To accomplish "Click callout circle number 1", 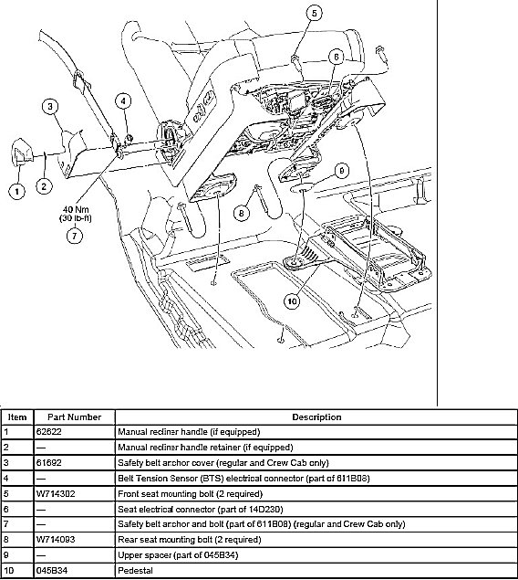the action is [x=17, y=191].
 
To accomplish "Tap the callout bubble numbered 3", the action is [x=50, y=107].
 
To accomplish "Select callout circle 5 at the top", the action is [x=315, y=14].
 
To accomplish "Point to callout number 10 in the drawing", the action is [x=292, y=301].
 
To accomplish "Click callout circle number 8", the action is [x=242, y=213].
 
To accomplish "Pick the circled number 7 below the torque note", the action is [x=75, y=236].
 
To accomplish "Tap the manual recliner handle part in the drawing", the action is [x=21, y=152].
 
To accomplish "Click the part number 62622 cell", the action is [x=49, y=432].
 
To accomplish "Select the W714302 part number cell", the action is [x=56, y=494].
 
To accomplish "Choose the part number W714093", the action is [x=56, y=540].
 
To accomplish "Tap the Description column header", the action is [x=316, y=417].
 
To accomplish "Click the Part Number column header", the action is [x=74, y=417].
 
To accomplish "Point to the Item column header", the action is [x=17, y=417].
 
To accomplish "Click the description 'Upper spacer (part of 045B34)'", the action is [x=178, y=555].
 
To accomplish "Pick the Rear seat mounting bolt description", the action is [x=190, y=540].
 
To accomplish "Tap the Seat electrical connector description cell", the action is [x=201, y=510].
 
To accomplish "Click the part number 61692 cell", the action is [x=49, y=463].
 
